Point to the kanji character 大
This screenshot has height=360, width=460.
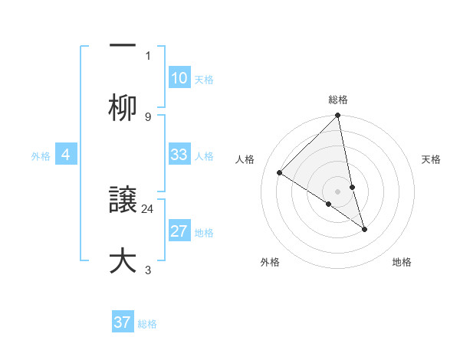(x=123, y=260)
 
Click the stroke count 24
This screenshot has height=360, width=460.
(x=148, y=208)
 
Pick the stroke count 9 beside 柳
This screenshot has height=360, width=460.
(x=148, y=116)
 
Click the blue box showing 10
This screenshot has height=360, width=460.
(x=179, y=78)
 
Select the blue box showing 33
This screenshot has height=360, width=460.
(x=179, y=155)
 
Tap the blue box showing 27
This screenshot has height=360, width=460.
(x=179, y=232)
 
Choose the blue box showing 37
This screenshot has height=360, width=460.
(x=123, y=322)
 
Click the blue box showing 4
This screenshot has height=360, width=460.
(x=66, y=155)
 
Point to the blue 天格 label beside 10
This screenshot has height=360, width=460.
(x=204, y=80)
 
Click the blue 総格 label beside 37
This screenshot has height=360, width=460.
(x=147, y=324)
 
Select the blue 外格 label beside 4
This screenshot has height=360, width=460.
(x=41, y=156)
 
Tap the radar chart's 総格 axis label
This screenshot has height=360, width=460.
(x=338, y=100)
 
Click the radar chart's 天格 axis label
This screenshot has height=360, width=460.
(x=432, y=159)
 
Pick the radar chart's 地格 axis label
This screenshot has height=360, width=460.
(x=402, y=262)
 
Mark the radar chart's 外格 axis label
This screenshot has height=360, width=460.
(x=270, y=262)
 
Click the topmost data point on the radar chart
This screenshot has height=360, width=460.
(x=338, y=116)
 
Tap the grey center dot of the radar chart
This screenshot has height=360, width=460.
(x=338, y=191)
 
